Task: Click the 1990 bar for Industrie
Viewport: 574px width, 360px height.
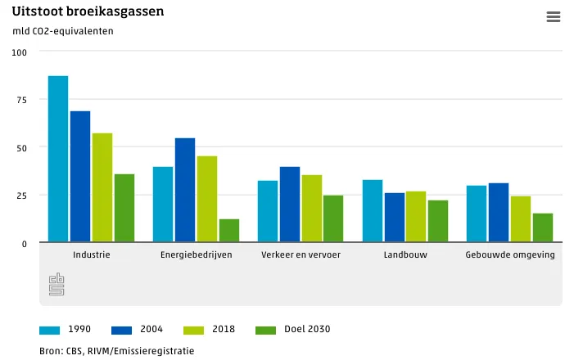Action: [58, 159]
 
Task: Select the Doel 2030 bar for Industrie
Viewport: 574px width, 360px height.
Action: [124, 208]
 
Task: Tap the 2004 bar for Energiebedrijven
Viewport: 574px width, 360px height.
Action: [185, 190]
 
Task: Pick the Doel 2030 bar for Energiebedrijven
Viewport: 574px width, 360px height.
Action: [229, 231]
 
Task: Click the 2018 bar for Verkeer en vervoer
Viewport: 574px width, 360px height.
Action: [312, 209]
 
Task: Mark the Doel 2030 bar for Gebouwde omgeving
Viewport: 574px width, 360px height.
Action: [543, 227]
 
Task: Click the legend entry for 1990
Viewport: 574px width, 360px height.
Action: [66, 330]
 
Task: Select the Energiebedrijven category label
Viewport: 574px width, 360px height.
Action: [197, 254]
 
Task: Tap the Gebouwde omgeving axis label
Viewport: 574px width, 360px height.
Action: [510, 254]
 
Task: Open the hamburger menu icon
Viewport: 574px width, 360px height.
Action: [553, 17]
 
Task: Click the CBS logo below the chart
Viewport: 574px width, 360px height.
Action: [56, 284]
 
